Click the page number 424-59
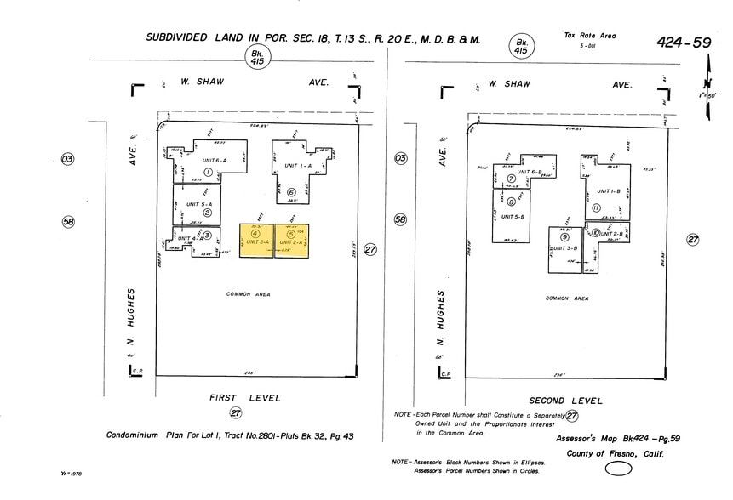coord(683,42)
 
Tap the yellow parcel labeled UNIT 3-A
coord(256,241)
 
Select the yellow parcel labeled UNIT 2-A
coord(291,241)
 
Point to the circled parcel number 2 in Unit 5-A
coord(207,213)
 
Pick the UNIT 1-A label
coord(298,166)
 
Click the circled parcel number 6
coord(291,192)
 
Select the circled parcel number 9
coord(564,236)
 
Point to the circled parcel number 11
coord(597,207)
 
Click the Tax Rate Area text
coord(589,36)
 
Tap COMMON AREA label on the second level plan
coord(567,298)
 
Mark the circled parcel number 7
coord(512,179)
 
